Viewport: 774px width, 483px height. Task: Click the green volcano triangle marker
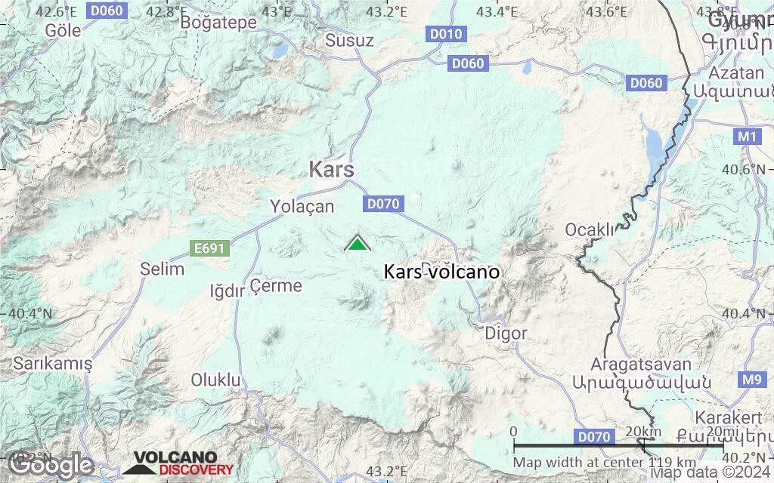(358, 244)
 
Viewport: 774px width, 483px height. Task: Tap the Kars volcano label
(441, 272)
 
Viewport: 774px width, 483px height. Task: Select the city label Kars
(331, 170)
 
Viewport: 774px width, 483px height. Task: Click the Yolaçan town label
(302, 205)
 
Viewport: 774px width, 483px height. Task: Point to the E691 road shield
(209, 248)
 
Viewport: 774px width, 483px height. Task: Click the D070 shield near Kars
(383, 203)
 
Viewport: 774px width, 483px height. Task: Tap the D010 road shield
(446, 34)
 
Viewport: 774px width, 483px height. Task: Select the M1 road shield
(747, 137)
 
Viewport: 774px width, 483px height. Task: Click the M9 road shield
(751, 380)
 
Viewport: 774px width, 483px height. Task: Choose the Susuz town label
(349, 41)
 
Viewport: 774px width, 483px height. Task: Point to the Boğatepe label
(218, 23)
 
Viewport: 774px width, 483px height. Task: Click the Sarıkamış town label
(53, 364)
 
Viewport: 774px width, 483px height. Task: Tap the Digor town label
(506, 333)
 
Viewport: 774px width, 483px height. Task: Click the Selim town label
(163, 269)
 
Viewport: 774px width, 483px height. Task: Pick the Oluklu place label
(215, 380)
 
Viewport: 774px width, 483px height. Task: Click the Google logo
(51, 465)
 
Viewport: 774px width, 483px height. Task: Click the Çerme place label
(276, 286)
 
